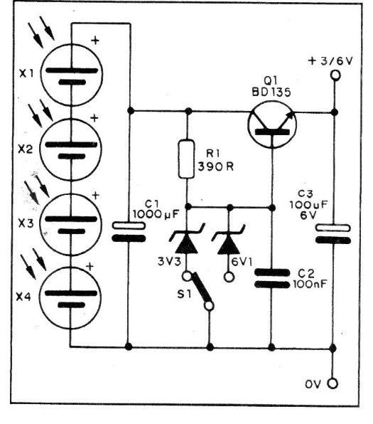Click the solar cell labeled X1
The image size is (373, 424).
(x=72, y=75)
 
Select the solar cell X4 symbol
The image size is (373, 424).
(x=71, y=298)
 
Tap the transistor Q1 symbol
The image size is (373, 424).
(x=272, y=124)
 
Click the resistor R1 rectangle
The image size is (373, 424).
(x=186, y=159)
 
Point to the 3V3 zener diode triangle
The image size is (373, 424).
(x=187, y=243)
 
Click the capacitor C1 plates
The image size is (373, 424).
(x=129, y=232)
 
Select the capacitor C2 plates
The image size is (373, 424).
(x=272, y=279)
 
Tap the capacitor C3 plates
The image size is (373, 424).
(x=333, y=234)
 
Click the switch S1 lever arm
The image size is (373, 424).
(x=200, y=287)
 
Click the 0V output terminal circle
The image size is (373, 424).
(x=333, y=383)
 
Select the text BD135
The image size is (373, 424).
(x=271, y=92)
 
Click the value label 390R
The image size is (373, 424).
(x=216, y=166)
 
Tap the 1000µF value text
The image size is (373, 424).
(x=156, y=214)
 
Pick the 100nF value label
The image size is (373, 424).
(x=310, y=284)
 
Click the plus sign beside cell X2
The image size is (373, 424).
(x=94, y=118)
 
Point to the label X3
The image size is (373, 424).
(x=26, y=223)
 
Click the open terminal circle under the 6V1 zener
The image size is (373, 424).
(x=229, y=277)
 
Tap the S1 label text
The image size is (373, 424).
(x=184, y=294)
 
